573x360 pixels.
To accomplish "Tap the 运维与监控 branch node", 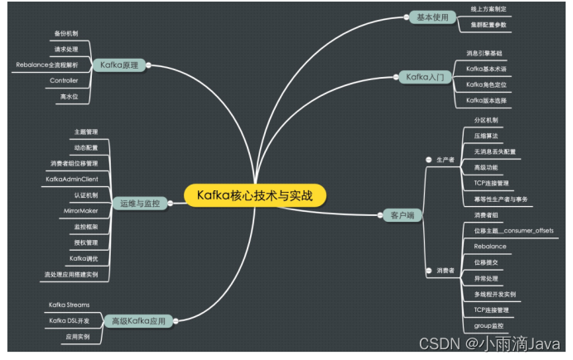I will coord(140,202).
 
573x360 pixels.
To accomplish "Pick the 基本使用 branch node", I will coord(431,17).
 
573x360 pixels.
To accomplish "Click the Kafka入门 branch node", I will coord(425,77).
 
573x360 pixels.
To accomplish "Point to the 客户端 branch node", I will coord(401,215).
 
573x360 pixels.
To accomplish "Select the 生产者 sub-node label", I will coord(445,159).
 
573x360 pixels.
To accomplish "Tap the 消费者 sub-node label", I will coord(445,271).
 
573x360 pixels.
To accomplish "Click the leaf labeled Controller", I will coord(64,80).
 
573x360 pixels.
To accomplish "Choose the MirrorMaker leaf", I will coord(81,211).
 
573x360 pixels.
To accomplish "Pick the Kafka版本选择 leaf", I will coord(486,100).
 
